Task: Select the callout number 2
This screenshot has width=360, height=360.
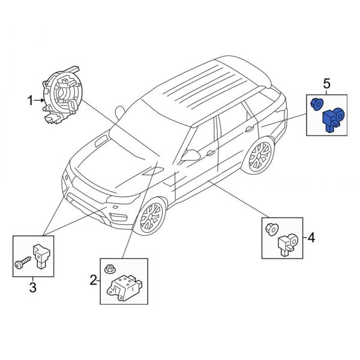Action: pyautogui.click(x=93, y=279)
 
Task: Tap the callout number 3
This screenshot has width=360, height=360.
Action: pyautogui.click(x=32, y=289)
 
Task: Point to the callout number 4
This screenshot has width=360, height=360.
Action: pyautogui.click(x=310, y=238)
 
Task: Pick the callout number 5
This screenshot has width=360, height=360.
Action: pyautogui.click(x=326, y=83)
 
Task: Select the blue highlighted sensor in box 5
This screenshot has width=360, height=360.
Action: pyautogui.click(x=332, y=116)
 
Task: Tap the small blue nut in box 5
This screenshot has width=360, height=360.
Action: pyautogui.click(x=314, y=104)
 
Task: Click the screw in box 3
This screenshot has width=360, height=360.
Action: pyautogui.click(x=22, y=263)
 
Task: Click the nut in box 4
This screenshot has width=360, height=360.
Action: pyautogui.click(x=271, y=228)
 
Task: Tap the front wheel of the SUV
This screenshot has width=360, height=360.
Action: pyautogui.click(x=150, y=217)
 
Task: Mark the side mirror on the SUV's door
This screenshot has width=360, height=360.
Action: pyautogui.click(x=192, y=155)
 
